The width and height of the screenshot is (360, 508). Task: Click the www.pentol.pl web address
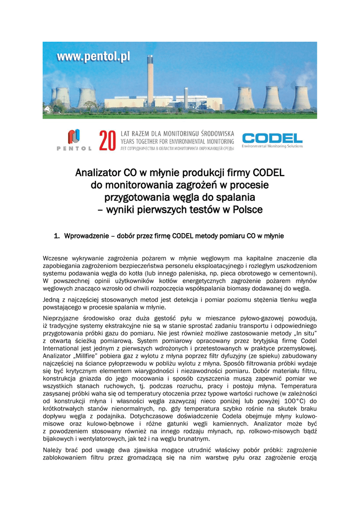tap(93, 57)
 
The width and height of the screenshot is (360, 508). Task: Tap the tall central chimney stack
tap(150, 79)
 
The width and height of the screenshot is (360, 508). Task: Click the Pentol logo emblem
tap(74, 136)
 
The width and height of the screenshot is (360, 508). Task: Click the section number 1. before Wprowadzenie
tap(57, 236)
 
